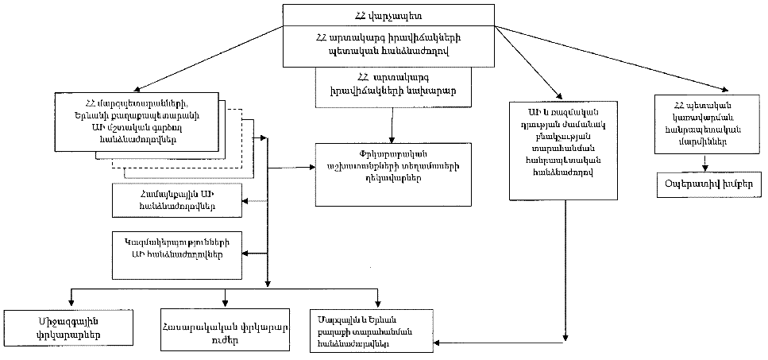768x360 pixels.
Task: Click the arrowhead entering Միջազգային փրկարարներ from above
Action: tap(72, 303)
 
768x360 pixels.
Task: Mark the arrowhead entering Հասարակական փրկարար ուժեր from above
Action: tap(226, 303)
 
